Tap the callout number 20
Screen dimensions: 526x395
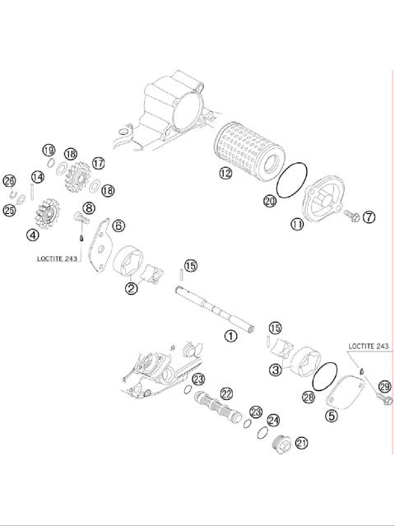(x=269, y=200)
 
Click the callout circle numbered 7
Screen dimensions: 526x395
(x=368, y=217)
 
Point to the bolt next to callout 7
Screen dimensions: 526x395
(x=350, y=216)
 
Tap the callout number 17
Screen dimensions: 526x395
(x=99, y=164)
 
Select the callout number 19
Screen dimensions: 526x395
(x=49, y=151)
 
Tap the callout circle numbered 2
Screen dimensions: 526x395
(x=131, y=288)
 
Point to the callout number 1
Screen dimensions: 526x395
(x=230, y=335)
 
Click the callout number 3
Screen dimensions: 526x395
(x=276, y=370)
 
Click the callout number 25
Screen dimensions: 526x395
(x=10, y=211)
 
